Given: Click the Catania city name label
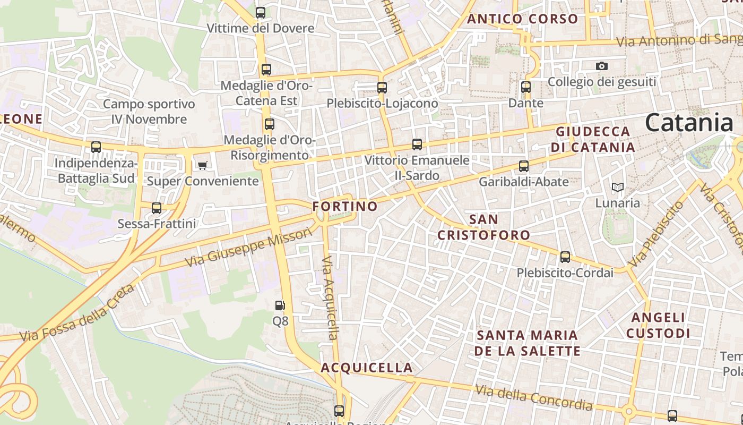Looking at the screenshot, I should (x=689, y=123).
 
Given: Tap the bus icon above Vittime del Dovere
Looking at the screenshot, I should (x=260, y=12).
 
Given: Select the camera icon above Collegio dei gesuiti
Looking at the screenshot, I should (x=601, y=66).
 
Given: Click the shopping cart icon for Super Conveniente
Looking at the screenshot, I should (x=202, y=166).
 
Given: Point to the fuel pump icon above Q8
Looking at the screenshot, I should (x=280, y=305).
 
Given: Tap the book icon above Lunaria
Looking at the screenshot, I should (x=617, y=187).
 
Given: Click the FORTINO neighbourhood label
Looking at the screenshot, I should (x=345, y=206).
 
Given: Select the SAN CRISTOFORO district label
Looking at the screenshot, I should (x=483, y=227).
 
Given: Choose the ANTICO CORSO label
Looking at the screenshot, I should (x=522, y=19).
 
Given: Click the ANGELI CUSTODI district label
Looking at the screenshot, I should (x=658, y=325).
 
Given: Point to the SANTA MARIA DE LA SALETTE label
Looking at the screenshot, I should (x=528, y=343).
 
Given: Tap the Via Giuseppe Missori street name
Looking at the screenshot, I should (x=248, y=247).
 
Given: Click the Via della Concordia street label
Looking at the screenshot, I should (x=533, y=397).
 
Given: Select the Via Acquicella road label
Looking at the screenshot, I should (x=330, y=297).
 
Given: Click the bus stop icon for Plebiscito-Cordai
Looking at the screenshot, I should (x=565, y=257).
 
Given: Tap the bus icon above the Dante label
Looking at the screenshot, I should (x=525, y=87).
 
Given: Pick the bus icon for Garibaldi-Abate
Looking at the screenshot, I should (x=523, y=166).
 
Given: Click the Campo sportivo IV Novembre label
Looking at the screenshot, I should (x=149, y=112).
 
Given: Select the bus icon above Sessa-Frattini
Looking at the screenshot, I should (x=156, y=208).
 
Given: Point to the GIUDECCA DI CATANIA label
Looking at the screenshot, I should (x=593, y=139).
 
